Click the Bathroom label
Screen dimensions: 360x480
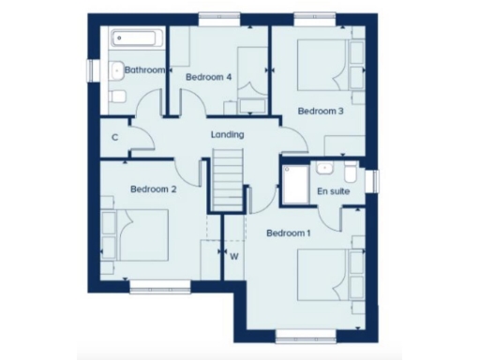point(145,70)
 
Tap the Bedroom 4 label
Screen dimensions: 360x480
point(209,77)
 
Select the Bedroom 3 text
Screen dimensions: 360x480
point(322,111)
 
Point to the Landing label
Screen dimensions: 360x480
point(227,135)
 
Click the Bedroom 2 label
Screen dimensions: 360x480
point(153,189)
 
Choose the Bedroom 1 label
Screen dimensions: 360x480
point(289,232)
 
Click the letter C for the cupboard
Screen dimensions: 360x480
point(114,138)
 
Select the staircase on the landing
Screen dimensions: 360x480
point(228,183)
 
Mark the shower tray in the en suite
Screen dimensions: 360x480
point(296,187)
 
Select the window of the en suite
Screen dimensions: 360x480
point(373,180)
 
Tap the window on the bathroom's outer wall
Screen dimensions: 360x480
point(92,70)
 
